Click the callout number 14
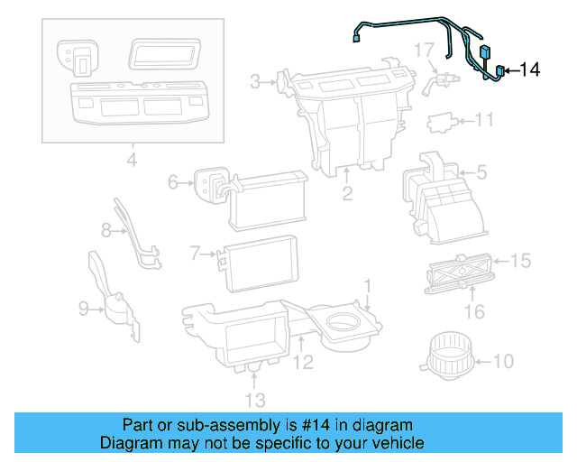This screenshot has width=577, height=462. pos(531,69)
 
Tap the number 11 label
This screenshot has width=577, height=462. pos(485,120)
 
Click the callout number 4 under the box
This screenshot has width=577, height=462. pos(132,162)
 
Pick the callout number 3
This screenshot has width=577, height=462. pos(255,83)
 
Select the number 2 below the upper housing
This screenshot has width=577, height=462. pos(347,193)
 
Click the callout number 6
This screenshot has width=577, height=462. pos(173,182)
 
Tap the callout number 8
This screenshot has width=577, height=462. pos(106,231)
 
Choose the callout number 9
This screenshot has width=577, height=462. pos(84,310)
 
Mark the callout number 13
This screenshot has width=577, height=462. pos(255,400)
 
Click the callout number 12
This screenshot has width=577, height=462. pos(303,363)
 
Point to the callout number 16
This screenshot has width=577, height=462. pos(474,312)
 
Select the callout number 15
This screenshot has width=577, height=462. pos(521,261)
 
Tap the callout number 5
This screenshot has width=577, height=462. pos(481,169)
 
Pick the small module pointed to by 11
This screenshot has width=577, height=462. pos(442,120)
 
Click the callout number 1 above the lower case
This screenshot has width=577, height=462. pos(367,287)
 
